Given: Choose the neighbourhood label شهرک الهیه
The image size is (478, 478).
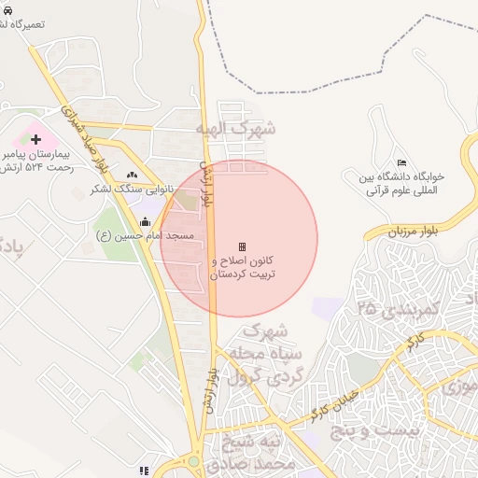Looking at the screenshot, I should tap(235, 129).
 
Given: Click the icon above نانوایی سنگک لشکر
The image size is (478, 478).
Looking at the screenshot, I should tap(132, 174).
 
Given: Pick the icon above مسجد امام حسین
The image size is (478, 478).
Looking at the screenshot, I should tap(145, 222).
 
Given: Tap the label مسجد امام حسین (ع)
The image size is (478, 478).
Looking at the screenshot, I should tap(145, 236).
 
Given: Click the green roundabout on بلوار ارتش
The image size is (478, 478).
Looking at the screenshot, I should tap(194, 461).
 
